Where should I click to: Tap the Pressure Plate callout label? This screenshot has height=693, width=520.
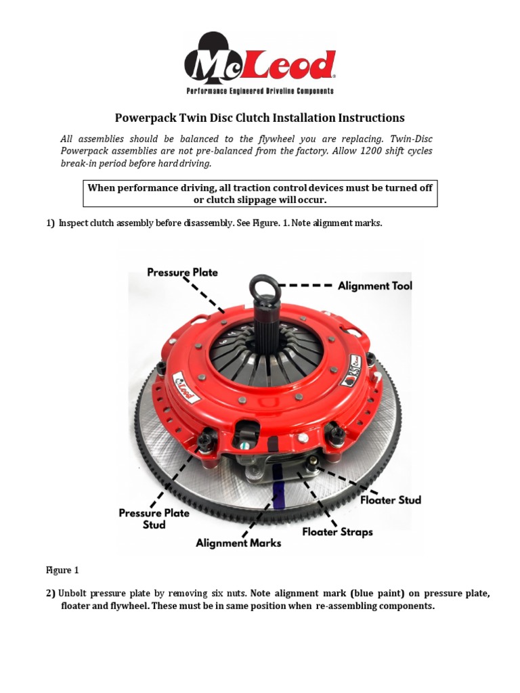(x=183, y=272)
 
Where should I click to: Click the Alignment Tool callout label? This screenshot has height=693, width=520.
(x=375, y=286)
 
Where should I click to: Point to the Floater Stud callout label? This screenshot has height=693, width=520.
(x=391, y=500)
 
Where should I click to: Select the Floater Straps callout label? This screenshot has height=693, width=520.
(x=337, y=532)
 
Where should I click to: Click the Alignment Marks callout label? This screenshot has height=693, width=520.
(x=238, y=543)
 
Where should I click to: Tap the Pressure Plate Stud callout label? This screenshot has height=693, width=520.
(x=154, y=518)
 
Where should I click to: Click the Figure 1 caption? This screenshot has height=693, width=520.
(x=63, y=571)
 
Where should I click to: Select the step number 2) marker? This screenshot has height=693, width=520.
(x=51, y=594)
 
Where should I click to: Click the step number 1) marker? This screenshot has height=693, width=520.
(x=51, y=223)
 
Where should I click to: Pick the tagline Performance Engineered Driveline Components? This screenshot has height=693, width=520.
(x=260, y=91)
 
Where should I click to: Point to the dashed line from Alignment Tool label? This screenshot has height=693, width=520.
(x=305, y=286)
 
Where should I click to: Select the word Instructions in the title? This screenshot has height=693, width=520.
(x=362, y=117)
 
